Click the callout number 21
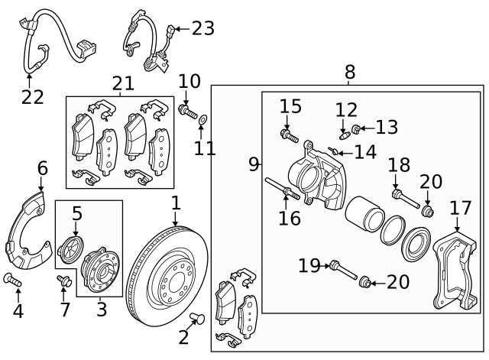[x=122, y=83]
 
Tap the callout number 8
[x=350, y=72]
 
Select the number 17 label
[x=460, y=208]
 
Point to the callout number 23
[x=202, y=28]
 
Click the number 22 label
[x=32, y=97]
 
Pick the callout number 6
[x=42, y=168]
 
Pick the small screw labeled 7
[x=65, y=282]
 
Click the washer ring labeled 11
[x=202, y=120]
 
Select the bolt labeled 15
[x=289, y=136]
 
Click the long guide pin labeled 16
[x=281, y=187]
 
